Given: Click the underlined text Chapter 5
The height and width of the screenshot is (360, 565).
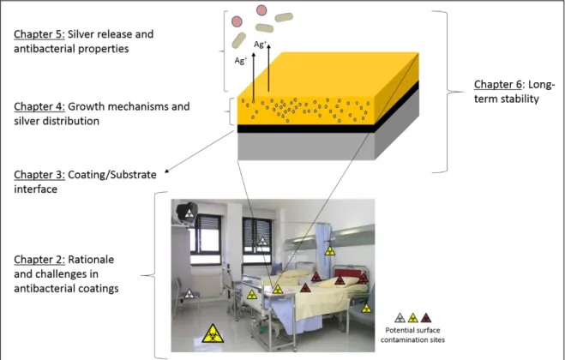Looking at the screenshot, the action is (x=39, y=34).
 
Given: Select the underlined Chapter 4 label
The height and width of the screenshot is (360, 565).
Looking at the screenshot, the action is (x=39, y=106).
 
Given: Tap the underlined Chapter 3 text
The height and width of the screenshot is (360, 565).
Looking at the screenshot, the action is (x=39, y=175).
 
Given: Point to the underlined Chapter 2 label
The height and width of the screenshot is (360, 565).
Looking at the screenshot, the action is (x=39, y=260).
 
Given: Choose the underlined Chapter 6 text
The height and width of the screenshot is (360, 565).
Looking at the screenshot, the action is (x=498, y=84).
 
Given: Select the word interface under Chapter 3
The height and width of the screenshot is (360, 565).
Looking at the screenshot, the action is (x=35, y=189).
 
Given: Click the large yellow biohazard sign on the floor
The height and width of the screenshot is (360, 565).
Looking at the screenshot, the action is (x=213, y=333).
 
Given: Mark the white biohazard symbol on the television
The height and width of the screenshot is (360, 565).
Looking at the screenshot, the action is (x=189, y=213).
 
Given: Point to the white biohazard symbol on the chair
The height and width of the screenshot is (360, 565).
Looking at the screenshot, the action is (x=189, y=294).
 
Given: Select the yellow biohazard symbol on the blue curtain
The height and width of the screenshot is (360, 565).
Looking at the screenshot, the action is (x=330, y=251).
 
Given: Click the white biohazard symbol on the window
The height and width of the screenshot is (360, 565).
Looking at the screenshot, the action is (x=262, y=241).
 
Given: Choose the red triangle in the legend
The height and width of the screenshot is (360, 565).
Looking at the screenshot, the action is (x=426, y=318).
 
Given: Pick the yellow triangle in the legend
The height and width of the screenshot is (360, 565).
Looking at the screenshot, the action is (x=413, y=318).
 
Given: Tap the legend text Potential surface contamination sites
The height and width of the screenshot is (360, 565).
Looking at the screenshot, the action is (x=412, y=335).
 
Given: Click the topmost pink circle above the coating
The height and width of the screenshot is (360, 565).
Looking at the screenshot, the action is (x=261, y=10).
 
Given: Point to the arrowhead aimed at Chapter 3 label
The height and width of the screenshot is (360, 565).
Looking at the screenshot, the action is (x=166, y=171).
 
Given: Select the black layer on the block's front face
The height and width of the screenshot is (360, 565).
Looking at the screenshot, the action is (x=306, y=129).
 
